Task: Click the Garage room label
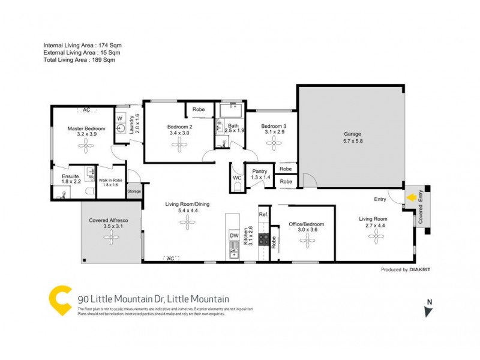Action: click(x=353, y=134)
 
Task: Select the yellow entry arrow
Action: click(x=412, y=197)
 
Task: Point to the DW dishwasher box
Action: click(x=234, y=236)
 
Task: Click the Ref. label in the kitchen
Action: click(x=263, y=214)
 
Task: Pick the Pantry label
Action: click(x=260, y=171)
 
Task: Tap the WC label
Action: click(x=236, y=178)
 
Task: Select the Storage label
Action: click(x=134, y=192)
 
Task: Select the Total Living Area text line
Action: click(x=79, y=60)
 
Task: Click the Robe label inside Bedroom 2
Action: click(x=198, y=110)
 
